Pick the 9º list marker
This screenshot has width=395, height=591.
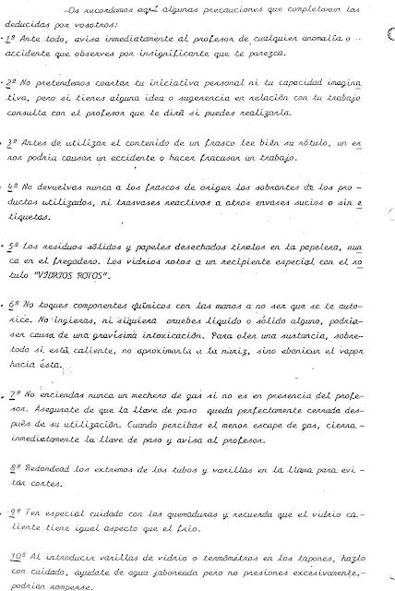[x=10, y=510]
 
